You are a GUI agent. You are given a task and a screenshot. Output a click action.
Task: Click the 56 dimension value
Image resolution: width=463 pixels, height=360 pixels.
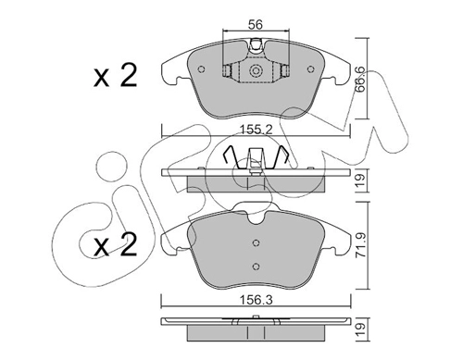[256, 24]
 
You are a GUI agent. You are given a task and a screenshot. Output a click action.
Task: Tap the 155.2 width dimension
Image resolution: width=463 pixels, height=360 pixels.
[257, 130]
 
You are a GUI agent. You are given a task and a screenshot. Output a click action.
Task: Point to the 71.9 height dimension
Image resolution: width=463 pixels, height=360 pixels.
[361, 245]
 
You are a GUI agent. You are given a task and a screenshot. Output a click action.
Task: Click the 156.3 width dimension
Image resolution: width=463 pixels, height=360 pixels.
[257, 300]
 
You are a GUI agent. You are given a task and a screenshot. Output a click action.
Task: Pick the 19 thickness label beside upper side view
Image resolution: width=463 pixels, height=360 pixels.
[361, 180]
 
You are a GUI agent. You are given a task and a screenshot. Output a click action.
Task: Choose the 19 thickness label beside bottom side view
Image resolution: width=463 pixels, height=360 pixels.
[361, 329]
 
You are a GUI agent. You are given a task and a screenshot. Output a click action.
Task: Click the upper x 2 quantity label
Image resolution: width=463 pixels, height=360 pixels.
[116, 75]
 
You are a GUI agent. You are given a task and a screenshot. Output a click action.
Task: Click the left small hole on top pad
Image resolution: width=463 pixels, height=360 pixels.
[202, 69]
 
